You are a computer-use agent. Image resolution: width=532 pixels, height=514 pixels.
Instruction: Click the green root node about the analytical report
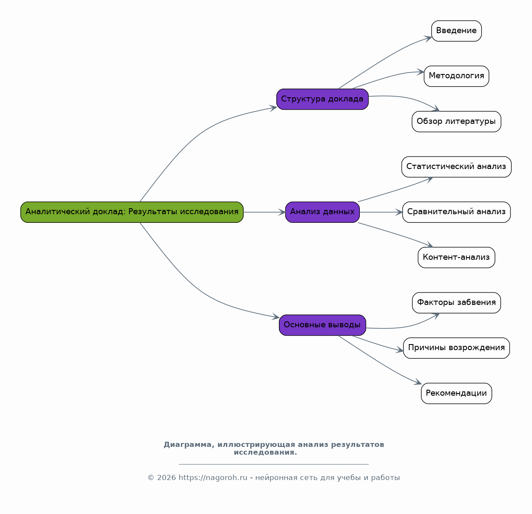[132, 212]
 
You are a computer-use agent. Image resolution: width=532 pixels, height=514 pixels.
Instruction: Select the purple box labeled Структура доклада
[322, 99]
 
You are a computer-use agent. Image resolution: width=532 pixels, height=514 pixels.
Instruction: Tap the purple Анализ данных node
[322, 212]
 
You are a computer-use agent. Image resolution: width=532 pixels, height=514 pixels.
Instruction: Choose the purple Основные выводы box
[322, 325]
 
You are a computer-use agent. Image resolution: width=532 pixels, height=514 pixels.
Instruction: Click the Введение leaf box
[456, 31]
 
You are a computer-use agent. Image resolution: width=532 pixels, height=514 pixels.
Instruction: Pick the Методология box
[456, 76]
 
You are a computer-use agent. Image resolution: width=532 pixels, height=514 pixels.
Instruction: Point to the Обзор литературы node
[456, 122]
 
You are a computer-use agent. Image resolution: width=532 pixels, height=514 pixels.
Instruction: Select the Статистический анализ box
[456, 167]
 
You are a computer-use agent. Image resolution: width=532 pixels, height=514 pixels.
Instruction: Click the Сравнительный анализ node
[456, 212]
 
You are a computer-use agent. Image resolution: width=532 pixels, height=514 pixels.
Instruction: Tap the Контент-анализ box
[456, 257]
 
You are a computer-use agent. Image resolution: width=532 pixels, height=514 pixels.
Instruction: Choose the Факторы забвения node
[456, 303]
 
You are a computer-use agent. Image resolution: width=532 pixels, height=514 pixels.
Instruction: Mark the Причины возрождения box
[456, 348]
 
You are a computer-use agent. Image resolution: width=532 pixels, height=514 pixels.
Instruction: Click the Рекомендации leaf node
[456, 394]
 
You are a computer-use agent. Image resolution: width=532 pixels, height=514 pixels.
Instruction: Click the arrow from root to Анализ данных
[264, 212]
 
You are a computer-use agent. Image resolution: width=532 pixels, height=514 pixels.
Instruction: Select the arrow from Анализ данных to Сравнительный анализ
[381, 212]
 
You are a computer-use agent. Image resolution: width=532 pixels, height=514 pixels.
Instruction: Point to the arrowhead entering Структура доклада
[273, 108]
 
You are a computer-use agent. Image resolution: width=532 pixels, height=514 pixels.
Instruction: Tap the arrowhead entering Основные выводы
[275, 317]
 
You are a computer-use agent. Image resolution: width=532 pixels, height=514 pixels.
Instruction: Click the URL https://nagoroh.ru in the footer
[213, 477]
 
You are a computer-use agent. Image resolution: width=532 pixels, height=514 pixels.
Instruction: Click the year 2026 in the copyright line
[166, 477]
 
